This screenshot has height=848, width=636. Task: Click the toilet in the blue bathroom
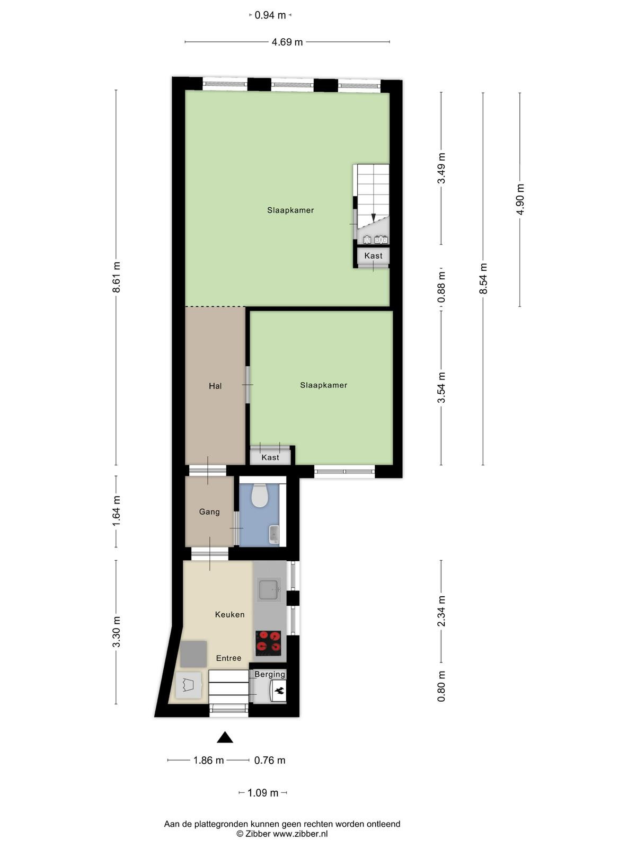pos(260,496)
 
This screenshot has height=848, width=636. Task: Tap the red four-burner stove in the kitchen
pos(268,643)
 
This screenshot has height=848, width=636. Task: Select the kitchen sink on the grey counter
pos(270,590)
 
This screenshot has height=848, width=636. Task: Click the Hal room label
pos(215,386)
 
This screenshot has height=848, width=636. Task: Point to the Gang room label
pos(209,512)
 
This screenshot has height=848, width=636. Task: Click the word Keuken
pos(230,614)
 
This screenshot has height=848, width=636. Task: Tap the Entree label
pos(228,658)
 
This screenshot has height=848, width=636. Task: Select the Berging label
pos(270,675)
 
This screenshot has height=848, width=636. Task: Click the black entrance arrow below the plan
pos(225,738)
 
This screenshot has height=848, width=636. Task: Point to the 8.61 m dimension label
pos(116,277)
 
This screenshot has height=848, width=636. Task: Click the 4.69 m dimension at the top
pos(287,42)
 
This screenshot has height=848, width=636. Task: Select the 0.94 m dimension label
pos(270,15)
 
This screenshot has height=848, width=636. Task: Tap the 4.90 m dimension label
pos(520,199)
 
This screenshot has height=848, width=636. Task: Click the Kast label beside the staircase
pos(374,256)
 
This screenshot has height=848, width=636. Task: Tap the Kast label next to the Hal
pos(270,458)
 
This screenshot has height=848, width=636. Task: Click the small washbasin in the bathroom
pos(274,534)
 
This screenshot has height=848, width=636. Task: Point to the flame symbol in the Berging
pos(280,690)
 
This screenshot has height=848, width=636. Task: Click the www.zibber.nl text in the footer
pos(300,834)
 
